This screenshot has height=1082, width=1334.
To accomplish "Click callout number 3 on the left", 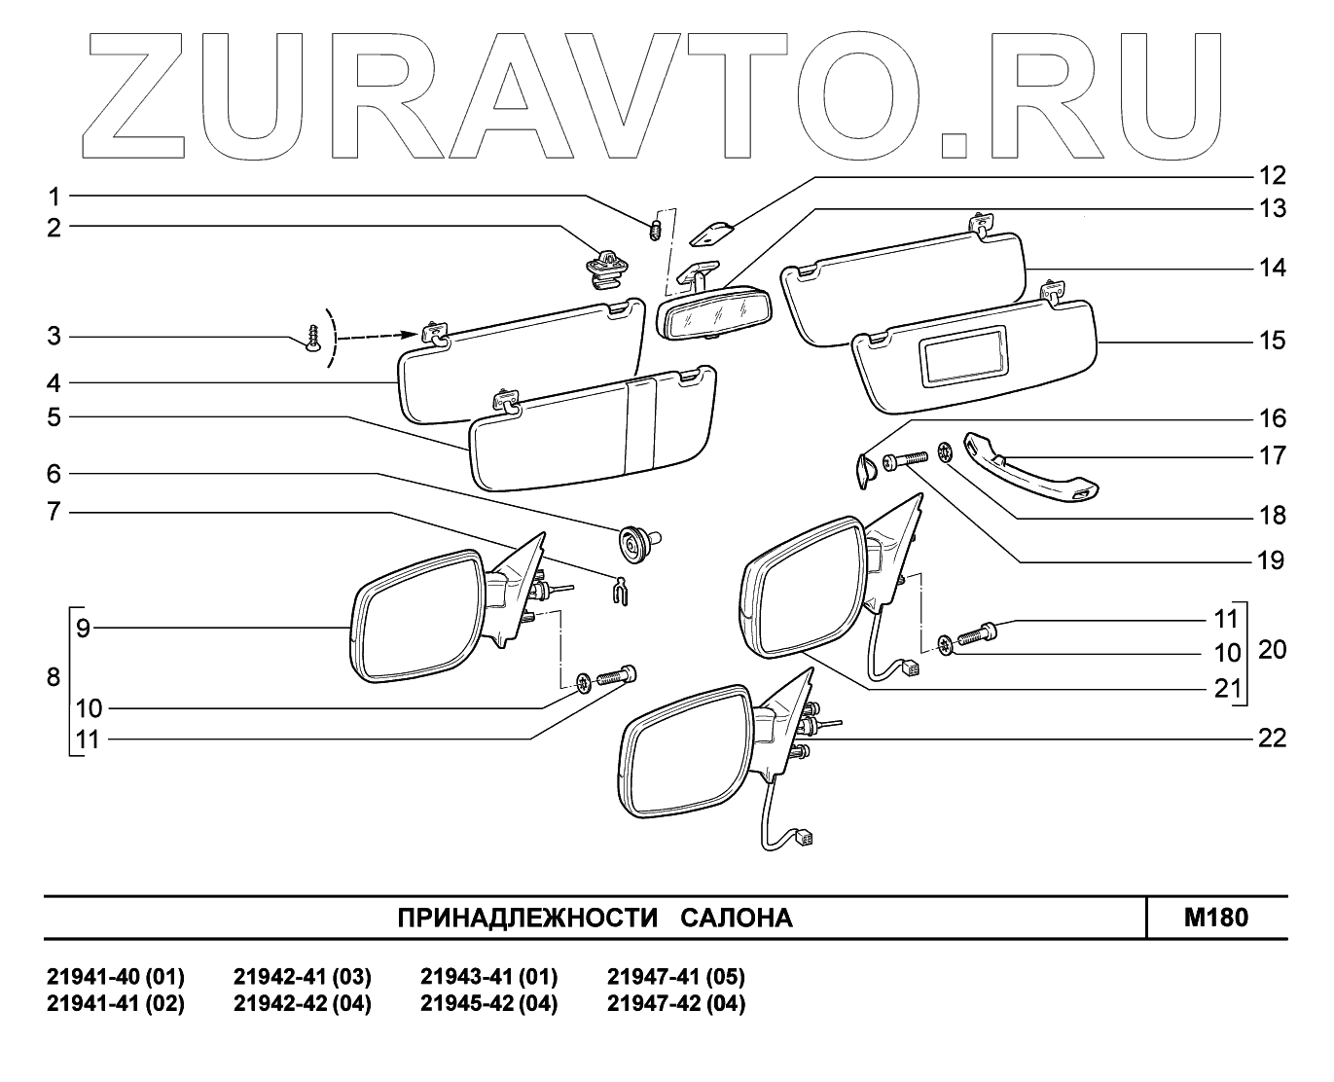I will pos(54,337).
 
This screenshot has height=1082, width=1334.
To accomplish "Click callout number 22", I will pos(1272,739).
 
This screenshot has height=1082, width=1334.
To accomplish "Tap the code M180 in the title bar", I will pos(1216,917).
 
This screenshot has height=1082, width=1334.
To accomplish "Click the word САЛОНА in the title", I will pos(735,918).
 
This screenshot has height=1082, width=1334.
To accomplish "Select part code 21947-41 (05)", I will pos(675,976).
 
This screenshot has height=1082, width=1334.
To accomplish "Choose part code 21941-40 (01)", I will pos(115,976).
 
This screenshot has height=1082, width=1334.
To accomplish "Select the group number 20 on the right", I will pos(1272,649).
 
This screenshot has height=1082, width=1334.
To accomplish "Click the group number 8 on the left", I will pos(54,677).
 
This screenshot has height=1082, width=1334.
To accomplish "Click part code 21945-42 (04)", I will pos(488,1003).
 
